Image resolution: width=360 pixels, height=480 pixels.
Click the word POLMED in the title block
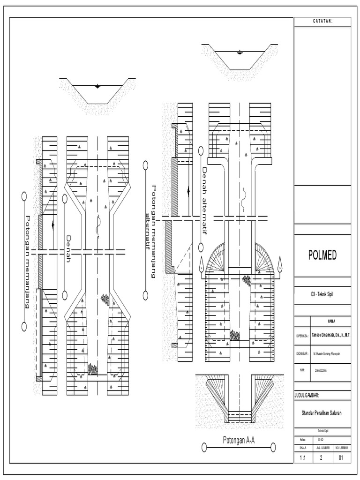click(322, 255)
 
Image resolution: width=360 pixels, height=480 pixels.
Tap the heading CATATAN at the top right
click(322, 22)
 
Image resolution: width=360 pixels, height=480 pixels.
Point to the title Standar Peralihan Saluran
click(322, 412)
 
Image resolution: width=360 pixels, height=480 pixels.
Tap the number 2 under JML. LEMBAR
click(322, 458)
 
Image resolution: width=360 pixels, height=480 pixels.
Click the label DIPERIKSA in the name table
click(301, 336)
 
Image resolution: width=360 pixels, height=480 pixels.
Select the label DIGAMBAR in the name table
click(301, 353)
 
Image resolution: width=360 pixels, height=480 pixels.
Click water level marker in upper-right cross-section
click(240, 52)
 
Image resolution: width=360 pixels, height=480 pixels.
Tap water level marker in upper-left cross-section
click(97, 86)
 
